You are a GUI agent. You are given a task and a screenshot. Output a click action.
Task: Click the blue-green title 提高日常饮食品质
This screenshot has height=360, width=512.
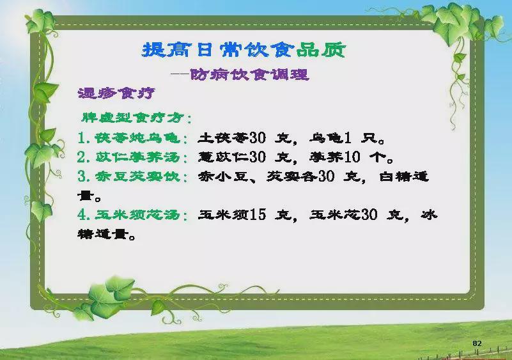(244, 50)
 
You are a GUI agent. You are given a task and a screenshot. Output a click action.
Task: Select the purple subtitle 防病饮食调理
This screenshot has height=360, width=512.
(249, 75)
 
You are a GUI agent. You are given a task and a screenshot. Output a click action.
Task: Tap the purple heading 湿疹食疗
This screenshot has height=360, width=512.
(116, 94)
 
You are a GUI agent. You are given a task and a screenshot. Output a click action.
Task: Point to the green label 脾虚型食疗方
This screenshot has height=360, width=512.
(132, 118)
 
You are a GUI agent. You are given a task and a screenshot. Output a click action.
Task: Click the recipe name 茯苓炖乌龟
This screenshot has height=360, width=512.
(137, 138)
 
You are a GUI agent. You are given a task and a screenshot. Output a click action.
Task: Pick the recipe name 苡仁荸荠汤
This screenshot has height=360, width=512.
(137, 157)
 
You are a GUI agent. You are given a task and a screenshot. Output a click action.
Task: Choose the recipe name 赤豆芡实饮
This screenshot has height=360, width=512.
(137, 176)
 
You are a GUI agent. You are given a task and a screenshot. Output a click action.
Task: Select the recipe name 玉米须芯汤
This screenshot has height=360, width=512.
(137, 215)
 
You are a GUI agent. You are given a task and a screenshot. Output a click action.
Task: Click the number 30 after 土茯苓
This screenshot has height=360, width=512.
(258, 138)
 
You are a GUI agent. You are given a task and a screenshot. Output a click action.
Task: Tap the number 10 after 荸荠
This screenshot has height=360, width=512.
(352, 157)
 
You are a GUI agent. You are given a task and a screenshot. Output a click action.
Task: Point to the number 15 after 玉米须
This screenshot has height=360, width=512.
(258, 215)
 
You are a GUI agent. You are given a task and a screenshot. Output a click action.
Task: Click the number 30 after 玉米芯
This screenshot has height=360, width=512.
(369, 215)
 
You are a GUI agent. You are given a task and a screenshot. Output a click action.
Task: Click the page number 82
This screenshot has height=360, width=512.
(477, 343)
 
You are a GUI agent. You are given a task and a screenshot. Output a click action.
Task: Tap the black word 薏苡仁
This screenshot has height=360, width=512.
(223, 157)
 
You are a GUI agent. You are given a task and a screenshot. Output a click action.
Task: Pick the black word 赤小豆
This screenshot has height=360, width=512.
(223, 176)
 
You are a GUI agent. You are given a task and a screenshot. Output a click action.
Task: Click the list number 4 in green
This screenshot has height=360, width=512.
(82, 215)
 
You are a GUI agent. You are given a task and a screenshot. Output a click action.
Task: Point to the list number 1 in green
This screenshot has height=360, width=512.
(82, 138)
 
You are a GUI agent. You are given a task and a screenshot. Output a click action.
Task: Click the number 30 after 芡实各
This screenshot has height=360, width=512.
(326, 176)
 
